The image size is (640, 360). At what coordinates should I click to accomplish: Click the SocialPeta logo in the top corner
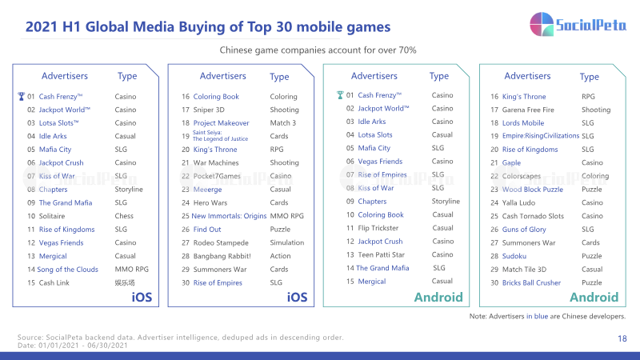[x=578, y=25]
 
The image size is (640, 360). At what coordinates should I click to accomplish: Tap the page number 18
[x=622, y=338]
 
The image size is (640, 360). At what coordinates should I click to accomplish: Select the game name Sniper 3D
[x=209, y=110]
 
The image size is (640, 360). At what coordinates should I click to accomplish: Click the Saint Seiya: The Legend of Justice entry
[x=220, y=135]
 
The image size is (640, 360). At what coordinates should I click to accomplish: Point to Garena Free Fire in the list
[x=528, y=110]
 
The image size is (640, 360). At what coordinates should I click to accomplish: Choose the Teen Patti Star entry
[x=381, y=254]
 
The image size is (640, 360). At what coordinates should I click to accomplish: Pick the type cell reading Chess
[x=124, y=216]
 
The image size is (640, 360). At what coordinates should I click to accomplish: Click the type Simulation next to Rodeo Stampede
[x=287, y=242]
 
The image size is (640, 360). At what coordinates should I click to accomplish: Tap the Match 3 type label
[x=283, y=123]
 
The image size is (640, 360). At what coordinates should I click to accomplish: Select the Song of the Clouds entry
[x=67, y=270]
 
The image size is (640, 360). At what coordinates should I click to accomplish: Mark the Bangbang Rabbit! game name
[x=222, y=256]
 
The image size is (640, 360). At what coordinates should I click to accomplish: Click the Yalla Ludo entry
[x=518, y=202]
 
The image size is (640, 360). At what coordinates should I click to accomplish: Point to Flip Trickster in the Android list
[x=378, y=228]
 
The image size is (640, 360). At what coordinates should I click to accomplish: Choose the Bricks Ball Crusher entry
[x=531, y=282]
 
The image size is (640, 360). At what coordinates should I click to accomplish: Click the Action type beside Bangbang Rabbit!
[x=281, y=256]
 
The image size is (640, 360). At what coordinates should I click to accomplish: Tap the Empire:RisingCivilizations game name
[x=541, y=135]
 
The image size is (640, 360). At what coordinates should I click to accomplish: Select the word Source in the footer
[x=30, y=337]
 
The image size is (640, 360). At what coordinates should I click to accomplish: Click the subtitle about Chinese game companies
[x=318, y=50]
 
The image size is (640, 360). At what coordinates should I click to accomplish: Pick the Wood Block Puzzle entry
[x=532, y=190]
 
